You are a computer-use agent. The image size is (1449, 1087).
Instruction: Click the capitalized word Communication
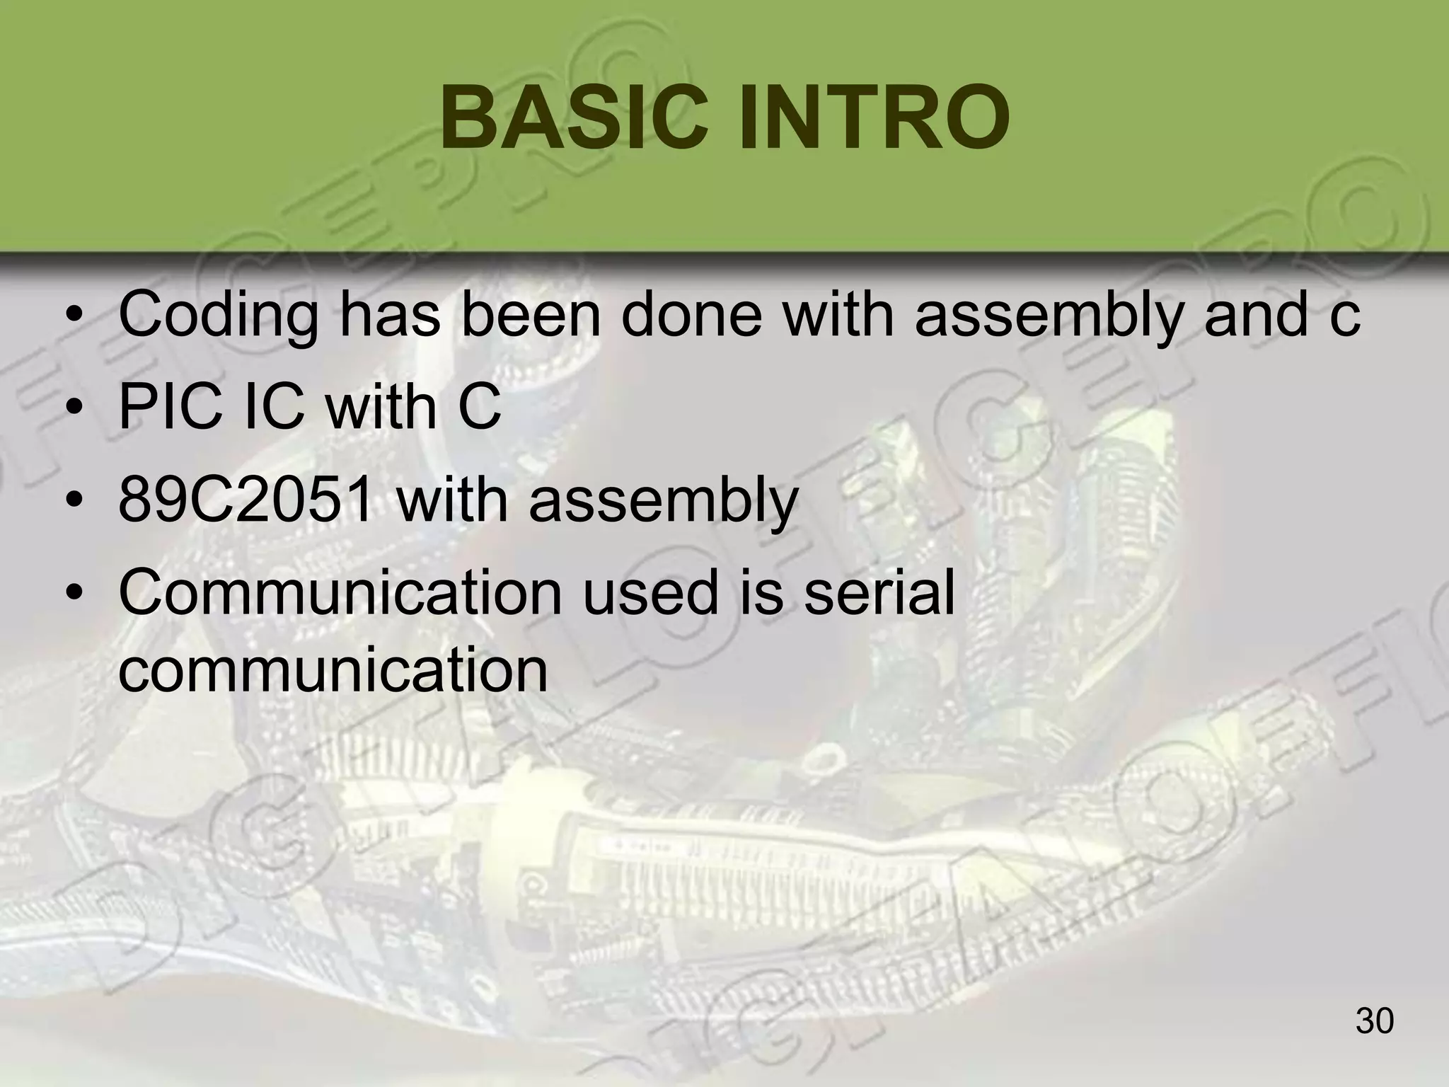[x=340, y=593]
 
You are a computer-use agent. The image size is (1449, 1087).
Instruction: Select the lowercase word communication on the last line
[x=333, y=669]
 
